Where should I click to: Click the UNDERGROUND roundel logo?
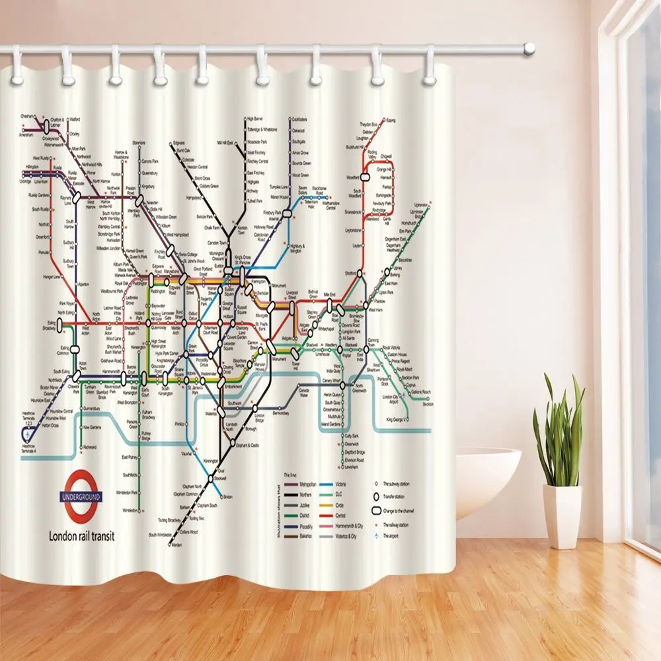click(x=81, y=496)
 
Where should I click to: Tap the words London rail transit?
click(x=82, y=536)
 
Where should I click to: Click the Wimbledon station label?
click(x=130, y=510)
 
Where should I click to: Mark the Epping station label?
click(x=391, y=120)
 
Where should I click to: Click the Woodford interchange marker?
click(x=364, y=177)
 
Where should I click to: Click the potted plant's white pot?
click(x=562, y=516)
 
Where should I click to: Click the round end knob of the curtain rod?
click(x=528, y=48)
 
